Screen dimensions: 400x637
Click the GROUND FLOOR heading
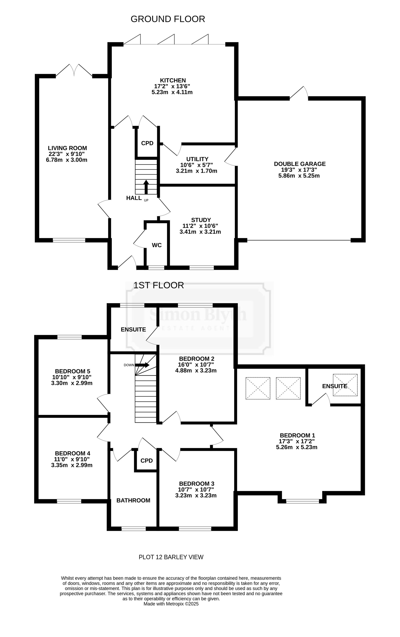168,19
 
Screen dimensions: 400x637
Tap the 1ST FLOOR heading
158,285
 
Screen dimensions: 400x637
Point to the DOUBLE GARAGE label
300,164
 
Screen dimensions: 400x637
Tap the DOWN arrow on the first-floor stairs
142,365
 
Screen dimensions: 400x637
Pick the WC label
157,245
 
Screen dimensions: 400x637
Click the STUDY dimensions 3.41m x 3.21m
200,232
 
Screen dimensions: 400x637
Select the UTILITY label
197,159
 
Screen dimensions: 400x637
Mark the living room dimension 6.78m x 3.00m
67,160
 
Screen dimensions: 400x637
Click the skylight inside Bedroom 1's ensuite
345,385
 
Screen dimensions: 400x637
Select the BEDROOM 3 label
197,484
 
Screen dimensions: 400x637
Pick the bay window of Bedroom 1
303,501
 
